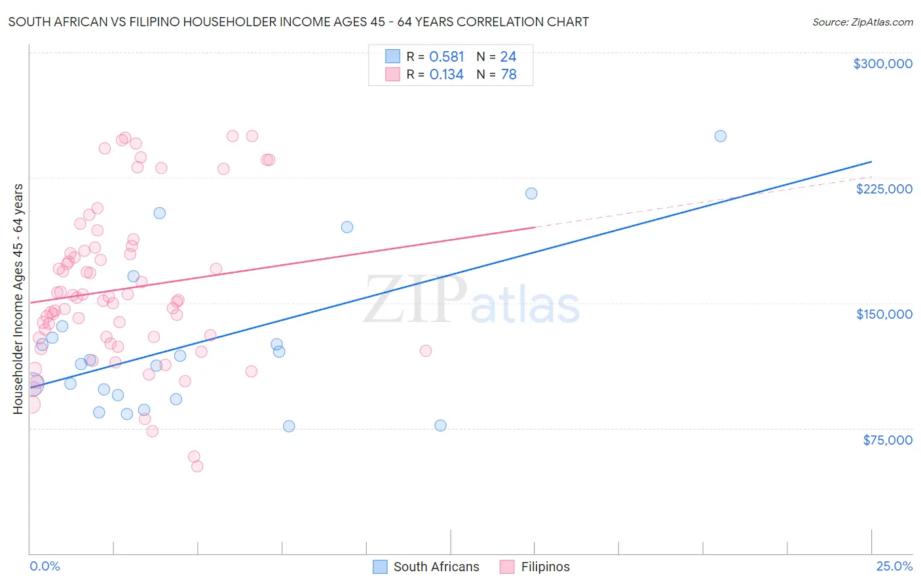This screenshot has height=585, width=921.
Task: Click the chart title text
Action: click(299, 22)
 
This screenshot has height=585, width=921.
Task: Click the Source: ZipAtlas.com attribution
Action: click(862, 22)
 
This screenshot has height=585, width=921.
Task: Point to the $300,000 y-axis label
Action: click(882, 64)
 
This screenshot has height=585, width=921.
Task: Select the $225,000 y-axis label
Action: click(884, 189)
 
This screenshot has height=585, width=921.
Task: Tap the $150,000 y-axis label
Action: click(884, 314)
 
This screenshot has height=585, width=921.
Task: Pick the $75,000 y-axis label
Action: click(887, 440)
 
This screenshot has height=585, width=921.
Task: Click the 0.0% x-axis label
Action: click(45, 566)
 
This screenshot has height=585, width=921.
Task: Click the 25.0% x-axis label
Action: click(894, 566)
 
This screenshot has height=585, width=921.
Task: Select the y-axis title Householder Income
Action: click(18, 298)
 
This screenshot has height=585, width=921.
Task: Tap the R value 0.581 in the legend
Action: click(446, 57)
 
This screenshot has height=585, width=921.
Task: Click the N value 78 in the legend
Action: click(508, 75)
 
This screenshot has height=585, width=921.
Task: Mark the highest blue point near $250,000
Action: click(720, 136)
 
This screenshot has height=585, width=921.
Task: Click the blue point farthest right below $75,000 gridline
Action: click(440, 426)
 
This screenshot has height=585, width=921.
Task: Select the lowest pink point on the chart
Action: click(197, 466)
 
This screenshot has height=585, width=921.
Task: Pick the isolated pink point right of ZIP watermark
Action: click(425, 351)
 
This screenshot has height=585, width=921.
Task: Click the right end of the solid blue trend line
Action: click(871, 161)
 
